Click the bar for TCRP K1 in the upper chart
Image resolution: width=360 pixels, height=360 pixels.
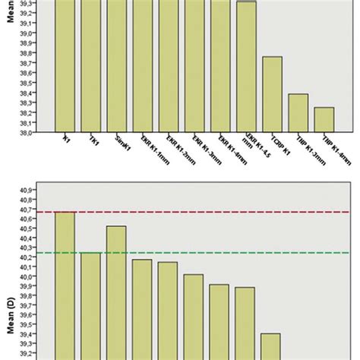point(272,94)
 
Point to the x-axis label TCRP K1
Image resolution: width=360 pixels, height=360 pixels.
point(271,146)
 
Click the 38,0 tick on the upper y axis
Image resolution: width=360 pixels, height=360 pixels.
point(26,132)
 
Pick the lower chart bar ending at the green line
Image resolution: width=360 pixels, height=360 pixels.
point(90,304)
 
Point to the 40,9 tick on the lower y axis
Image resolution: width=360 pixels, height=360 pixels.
point(26,190)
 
